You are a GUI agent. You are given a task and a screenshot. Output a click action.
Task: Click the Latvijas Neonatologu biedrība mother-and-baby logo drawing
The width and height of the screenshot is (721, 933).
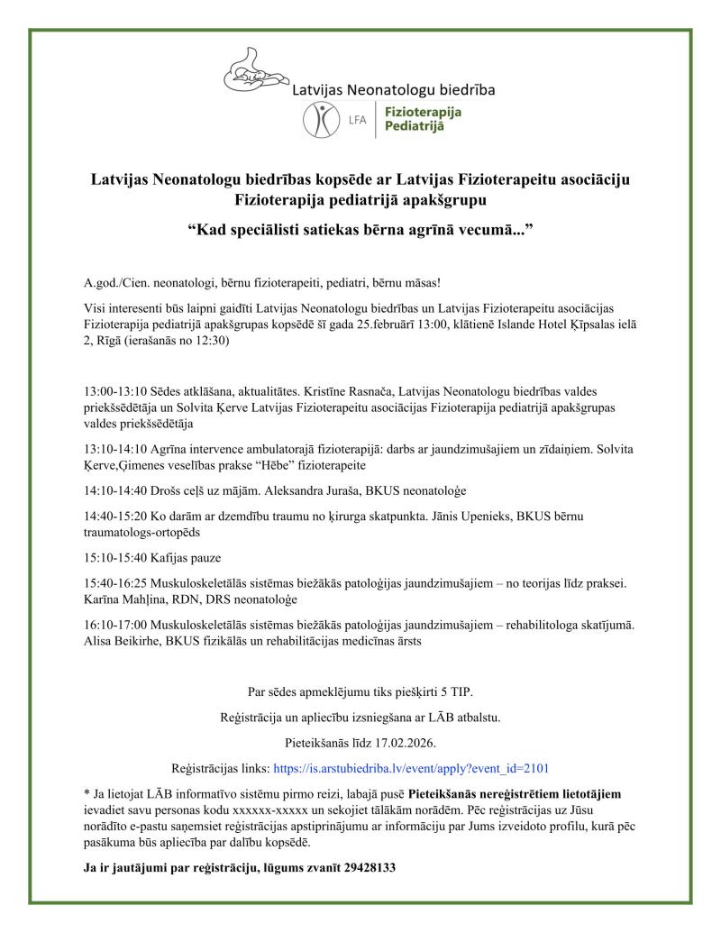[255, 72]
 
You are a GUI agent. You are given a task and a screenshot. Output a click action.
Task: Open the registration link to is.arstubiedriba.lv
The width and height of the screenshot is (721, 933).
[410, 769]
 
